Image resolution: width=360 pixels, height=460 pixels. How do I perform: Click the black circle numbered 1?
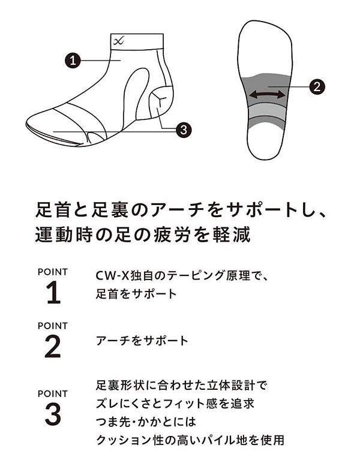pyautogui.click(x=73, y=61)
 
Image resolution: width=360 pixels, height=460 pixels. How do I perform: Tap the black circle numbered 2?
pyautogui.click(x=317, y=87)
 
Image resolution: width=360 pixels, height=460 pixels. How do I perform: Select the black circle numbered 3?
pyautogui.click(x=184, y=130)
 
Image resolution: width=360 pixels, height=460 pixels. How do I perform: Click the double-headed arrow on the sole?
pyautogui.click(x=266, y=95)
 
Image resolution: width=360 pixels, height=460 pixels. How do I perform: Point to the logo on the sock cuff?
pyautogui.click(x=119, y=41)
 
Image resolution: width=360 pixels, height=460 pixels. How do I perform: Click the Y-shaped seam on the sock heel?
pyautogui.click(x=160, y=99)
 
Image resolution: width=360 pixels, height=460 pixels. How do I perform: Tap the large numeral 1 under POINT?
pyautogui.click(x=53, y=293)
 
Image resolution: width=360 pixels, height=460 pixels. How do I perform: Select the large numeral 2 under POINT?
pyautogui.click(x=53, y=347)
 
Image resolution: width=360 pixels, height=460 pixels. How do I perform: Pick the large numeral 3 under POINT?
pyautogui.click(x=53, y=414)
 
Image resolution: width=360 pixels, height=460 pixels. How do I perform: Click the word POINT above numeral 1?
pyautogui.click(x=53, y=272)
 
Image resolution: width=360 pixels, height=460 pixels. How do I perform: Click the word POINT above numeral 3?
pyautogui.click(x=53, y=393)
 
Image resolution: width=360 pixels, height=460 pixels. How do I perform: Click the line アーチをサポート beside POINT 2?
pyautogui.click(x=142, y=341)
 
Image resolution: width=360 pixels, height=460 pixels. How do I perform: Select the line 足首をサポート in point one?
pyautogui.click(x=137, y=294)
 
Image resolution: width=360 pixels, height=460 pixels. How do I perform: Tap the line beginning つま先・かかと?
pyautogui.click(x=146, y=422)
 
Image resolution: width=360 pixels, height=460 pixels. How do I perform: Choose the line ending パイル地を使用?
pyautogui.click(x=190, y=440)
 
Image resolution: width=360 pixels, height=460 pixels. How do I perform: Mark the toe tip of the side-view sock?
pyautogui.click(x=27, y=125)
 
